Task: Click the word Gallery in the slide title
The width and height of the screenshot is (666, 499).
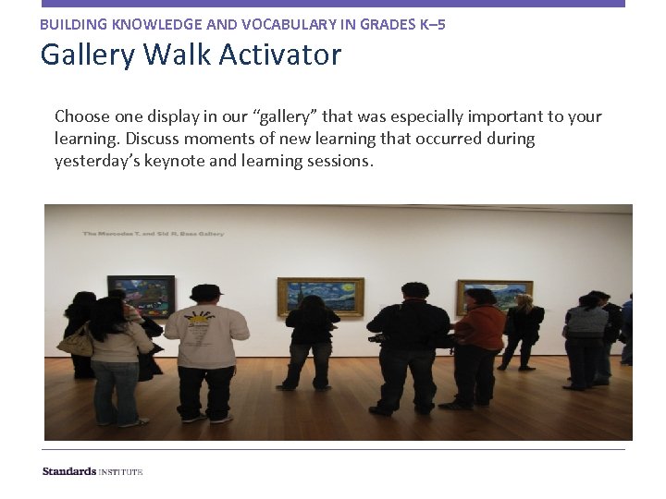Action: pos(89,56)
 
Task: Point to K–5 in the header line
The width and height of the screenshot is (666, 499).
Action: pos(429,24)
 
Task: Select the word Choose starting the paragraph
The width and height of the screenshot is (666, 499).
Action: pos(82,116)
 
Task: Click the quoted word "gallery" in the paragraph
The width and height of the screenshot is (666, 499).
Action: pos(285,116)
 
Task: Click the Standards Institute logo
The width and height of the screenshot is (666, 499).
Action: pos(92,471)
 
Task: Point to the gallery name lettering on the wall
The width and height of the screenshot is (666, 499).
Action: pos(154,234)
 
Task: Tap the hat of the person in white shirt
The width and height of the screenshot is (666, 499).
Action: pos(206,291)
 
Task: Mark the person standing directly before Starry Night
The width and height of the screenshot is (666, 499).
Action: pos(312,342)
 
